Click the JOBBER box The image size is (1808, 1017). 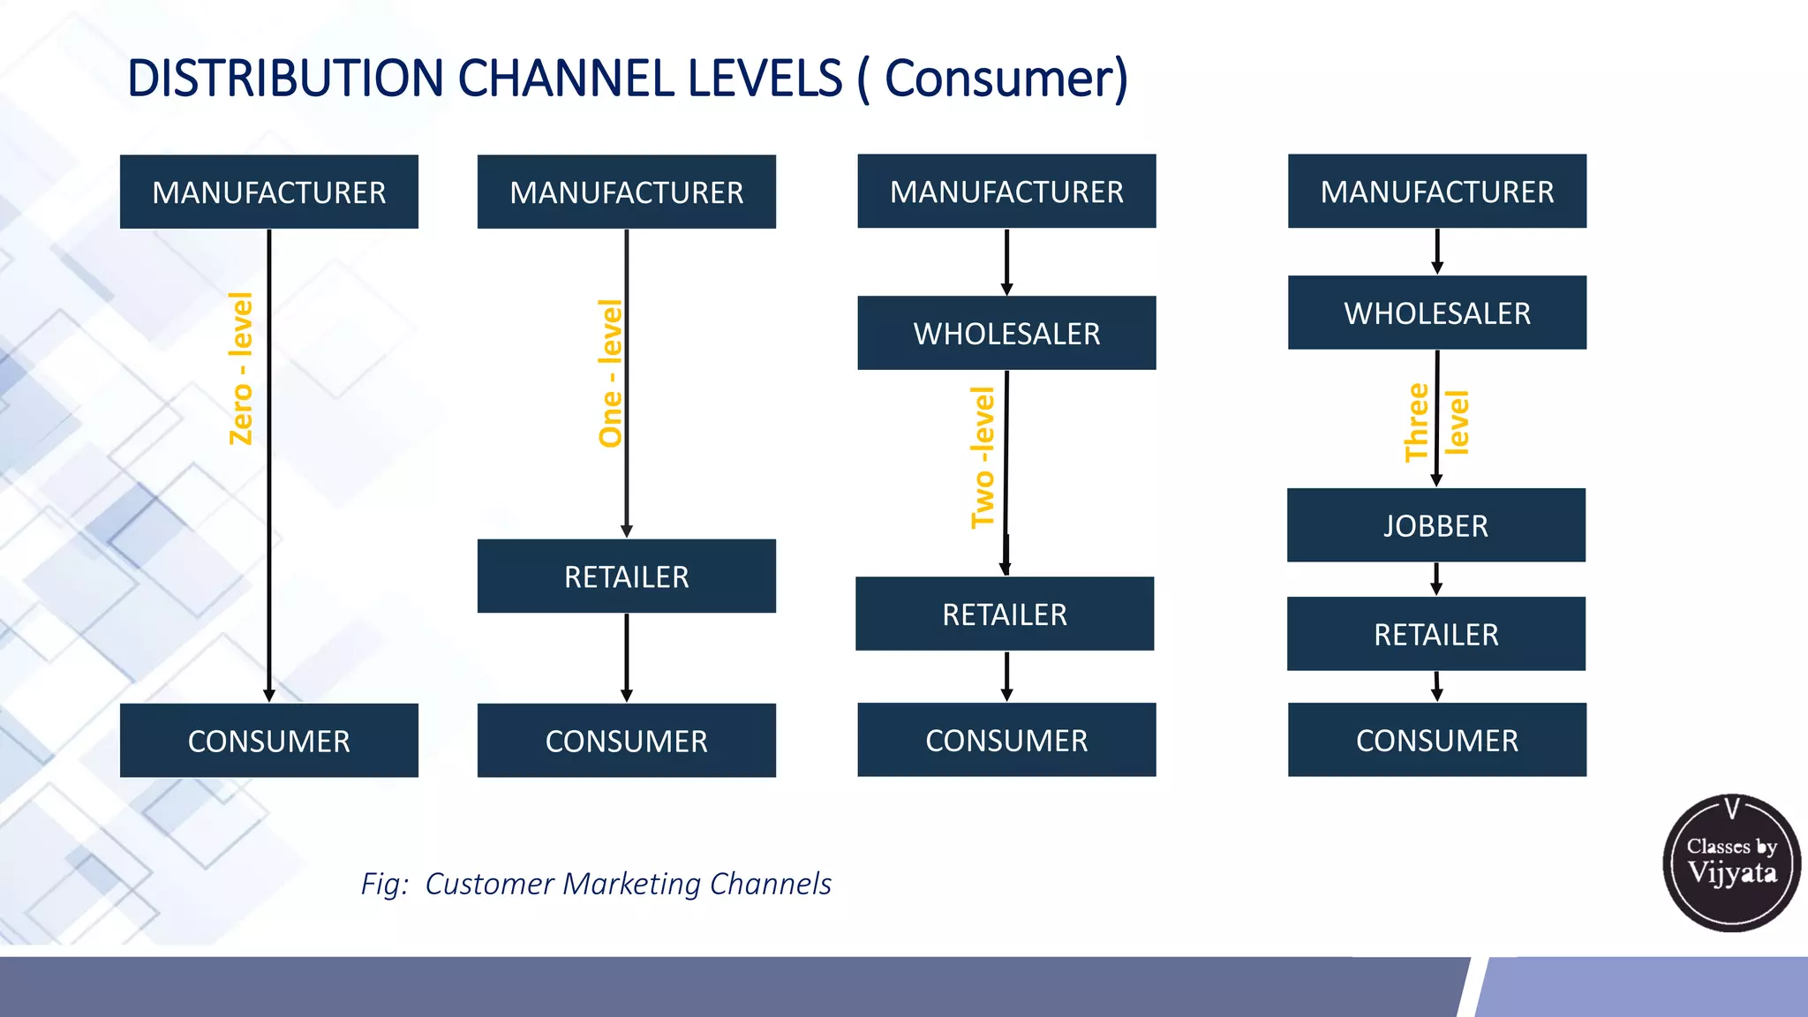click(1435, 525)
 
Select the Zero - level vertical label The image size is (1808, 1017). click(241, 368)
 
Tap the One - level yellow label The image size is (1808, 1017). click(610, 373)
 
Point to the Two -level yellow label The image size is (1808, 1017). click(983, 457)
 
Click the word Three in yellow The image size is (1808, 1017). click(1416, 423)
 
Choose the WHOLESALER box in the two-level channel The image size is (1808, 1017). click(1006, 333)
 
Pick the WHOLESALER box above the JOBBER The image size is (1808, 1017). click(1436, 313)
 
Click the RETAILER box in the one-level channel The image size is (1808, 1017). click(626, 576)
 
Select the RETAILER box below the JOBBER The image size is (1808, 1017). click(1435, 634)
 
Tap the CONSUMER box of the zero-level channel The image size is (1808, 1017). click(268, 740)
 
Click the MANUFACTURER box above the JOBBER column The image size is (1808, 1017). click(1436, 192)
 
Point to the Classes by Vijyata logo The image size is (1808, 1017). click(1731, 863)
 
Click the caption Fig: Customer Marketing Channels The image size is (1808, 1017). click(596, 884)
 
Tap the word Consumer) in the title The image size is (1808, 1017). click(1006, 79)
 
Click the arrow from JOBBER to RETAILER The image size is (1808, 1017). click(1436, 579)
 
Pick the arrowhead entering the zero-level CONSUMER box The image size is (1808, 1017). click(269, 696)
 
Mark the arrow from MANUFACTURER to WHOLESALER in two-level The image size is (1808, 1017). click(1006, 262)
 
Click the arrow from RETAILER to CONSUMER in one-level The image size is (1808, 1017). click(627, 658)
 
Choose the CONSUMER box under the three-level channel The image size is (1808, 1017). click(1436, 740)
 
